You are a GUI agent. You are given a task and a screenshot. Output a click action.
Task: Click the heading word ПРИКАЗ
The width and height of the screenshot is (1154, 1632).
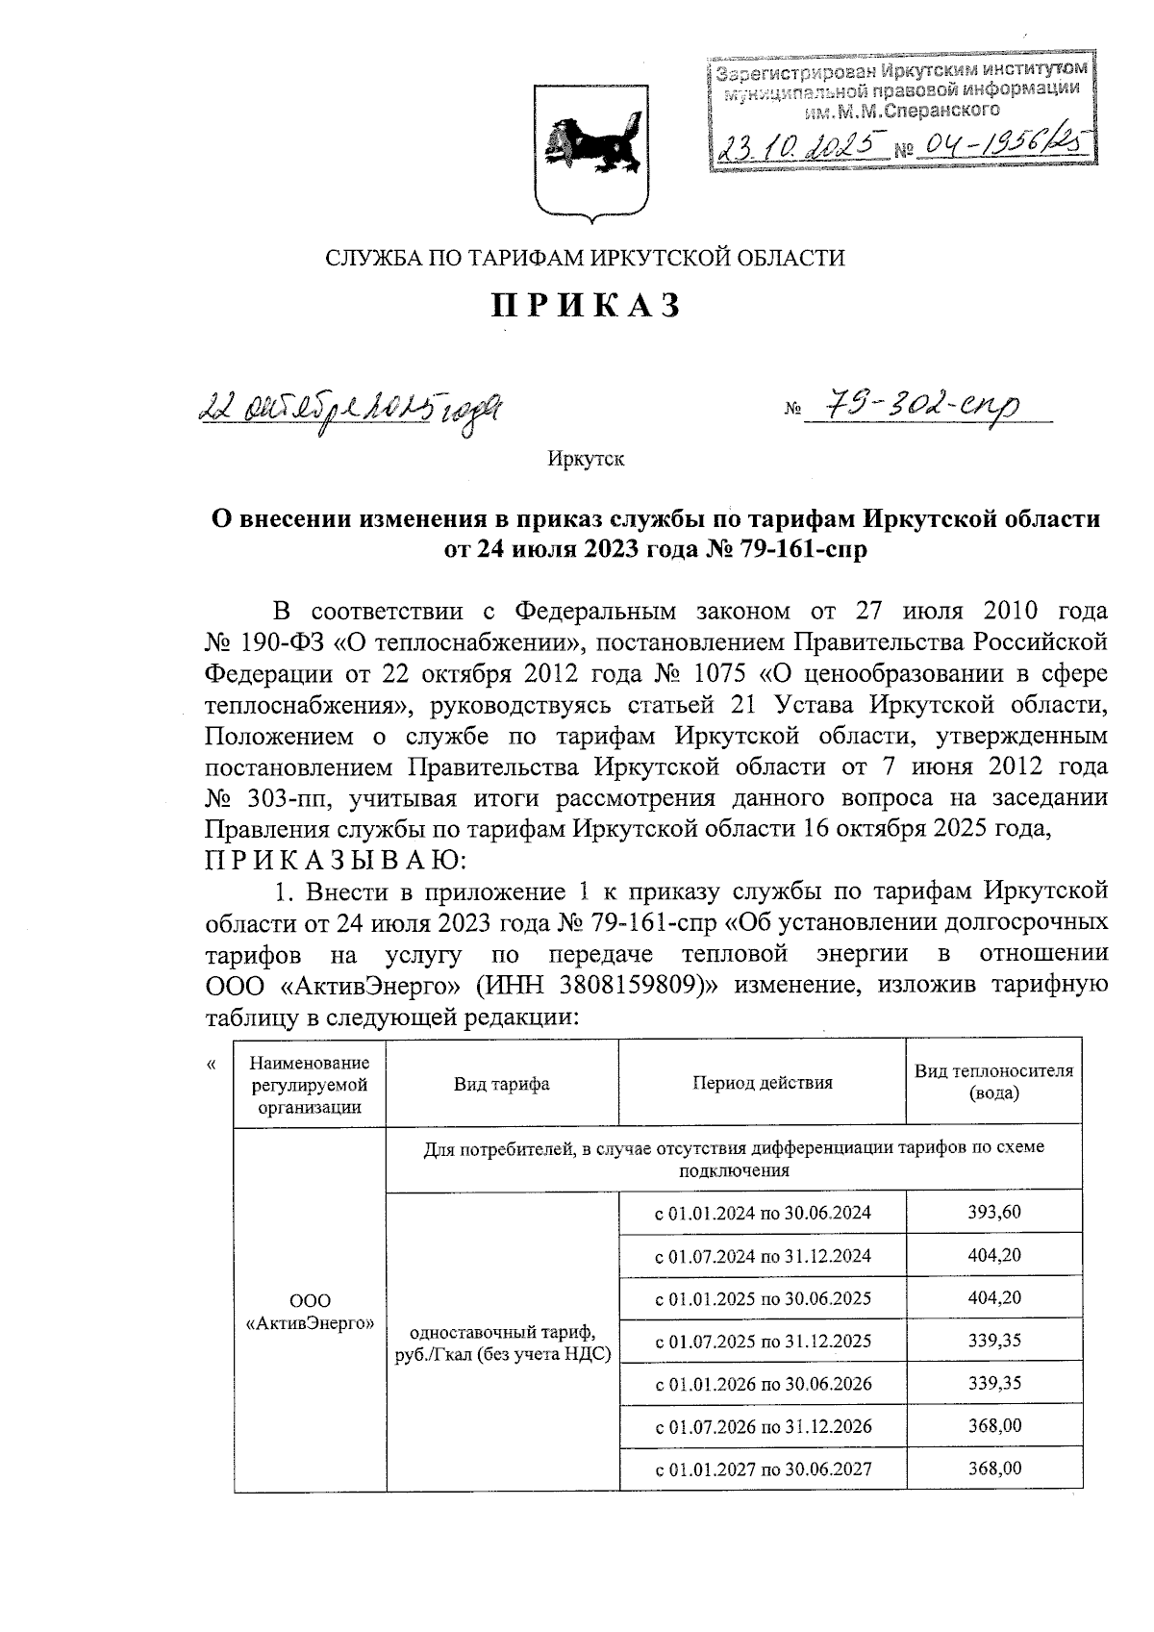[587, 305]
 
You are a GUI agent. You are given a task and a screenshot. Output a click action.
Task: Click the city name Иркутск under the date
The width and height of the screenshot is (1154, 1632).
[586, 459]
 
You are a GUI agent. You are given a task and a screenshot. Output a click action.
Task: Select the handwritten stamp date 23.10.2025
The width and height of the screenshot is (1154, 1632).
[801, 146]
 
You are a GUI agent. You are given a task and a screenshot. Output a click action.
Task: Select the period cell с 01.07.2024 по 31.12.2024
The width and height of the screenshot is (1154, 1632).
[763, 1255]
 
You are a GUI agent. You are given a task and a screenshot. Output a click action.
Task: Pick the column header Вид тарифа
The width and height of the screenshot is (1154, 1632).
[501, 1083]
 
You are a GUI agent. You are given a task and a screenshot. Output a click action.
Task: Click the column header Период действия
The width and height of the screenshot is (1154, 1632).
[763, 1083]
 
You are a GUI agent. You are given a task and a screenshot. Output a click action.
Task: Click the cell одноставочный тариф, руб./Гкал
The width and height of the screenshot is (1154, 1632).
[501, 1343]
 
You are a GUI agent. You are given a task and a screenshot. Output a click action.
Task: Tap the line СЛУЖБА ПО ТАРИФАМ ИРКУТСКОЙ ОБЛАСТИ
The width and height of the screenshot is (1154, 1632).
[586, 258]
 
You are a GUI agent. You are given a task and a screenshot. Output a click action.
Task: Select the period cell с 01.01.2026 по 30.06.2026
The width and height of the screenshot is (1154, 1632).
[763, 1384]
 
